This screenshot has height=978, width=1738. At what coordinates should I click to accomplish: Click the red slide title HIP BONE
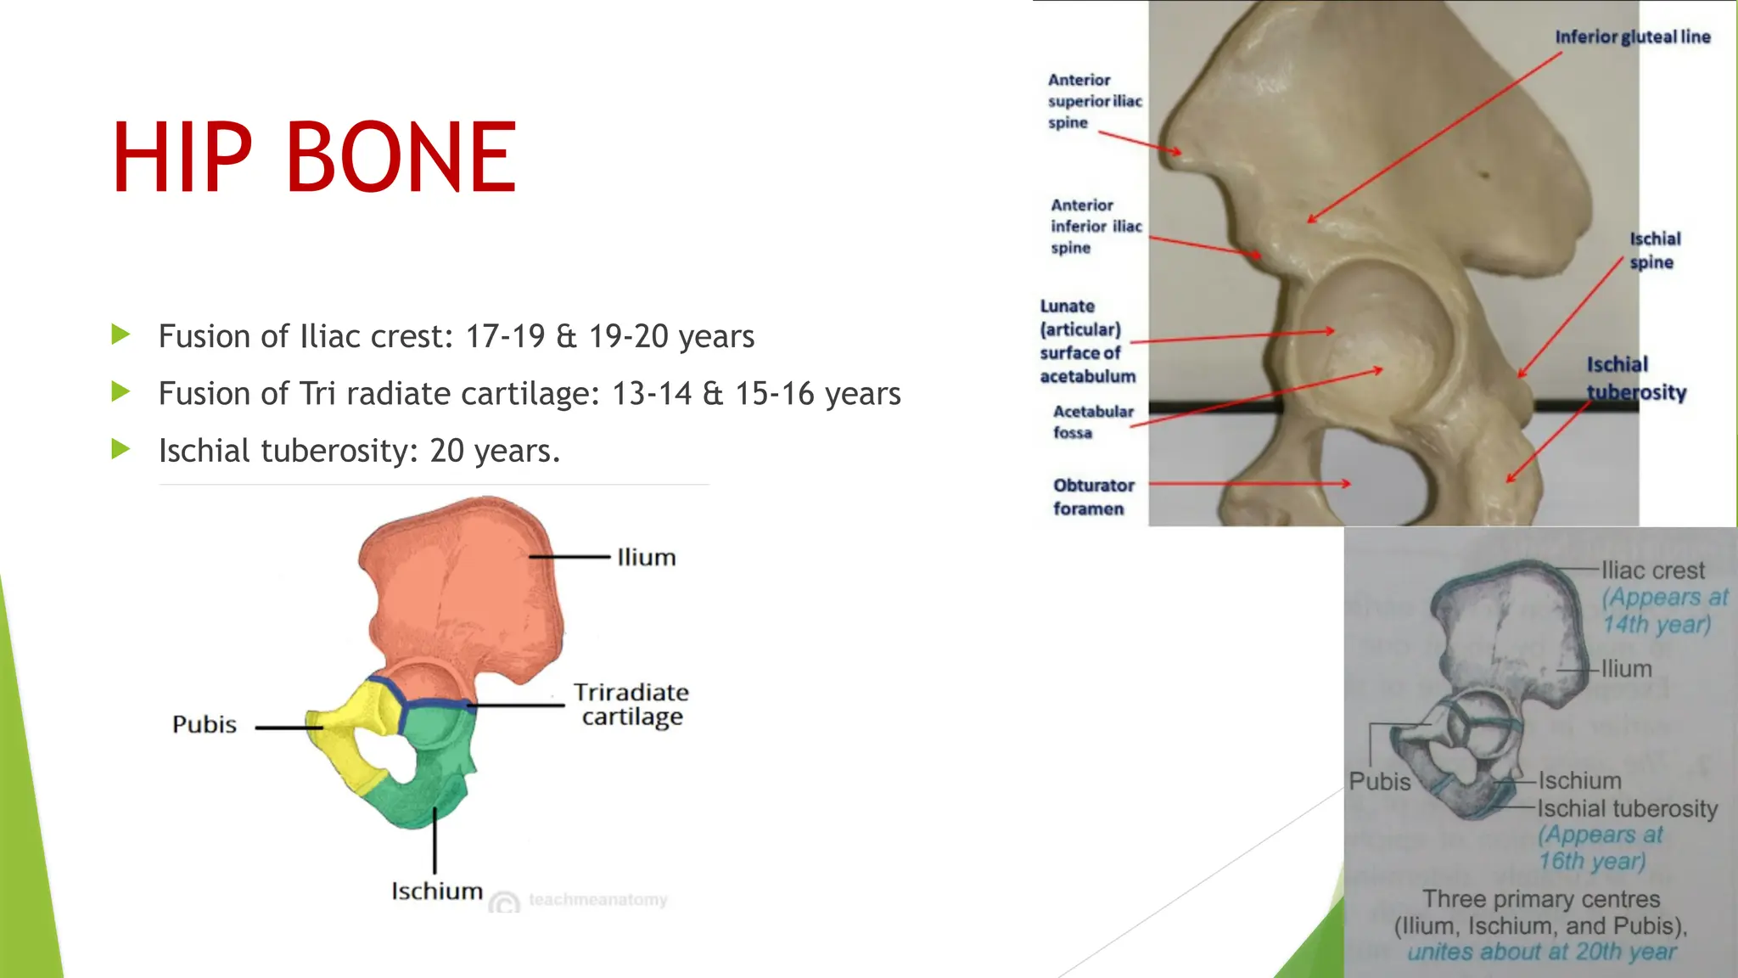pyautogui.click(x=314, y=157)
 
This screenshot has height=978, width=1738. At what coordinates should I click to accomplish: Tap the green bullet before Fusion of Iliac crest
pyautogui.click(x=121, y=334)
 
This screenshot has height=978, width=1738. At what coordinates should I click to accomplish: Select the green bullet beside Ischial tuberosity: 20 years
pyautogui.click(x=121, y=449)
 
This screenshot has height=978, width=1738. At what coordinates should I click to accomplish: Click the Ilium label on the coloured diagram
pyautogui.click(x=646, y=558)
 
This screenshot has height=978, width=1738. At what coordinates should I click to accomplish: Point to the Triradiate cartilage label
pyautogui.click(x=631, y=705)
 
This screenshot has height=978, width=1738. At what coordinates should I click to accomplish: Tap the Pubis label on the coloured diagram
pyautogui.click(x=205, y=725)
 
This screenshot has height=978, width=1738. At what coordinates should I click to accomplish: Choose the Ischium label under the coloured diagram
pyautogui.click(x=436, y=891)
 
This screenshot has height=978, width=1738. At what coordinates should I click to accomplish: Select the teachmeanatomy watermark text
pyautogui.click(x=597, y=900)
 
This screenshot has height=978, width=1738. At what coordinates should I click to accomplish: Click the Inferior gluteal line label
pyautogui.click(x=1632, y=37)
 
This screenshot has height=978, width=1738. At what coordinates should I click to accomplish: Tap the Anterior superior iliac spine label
pyautogui.click(x=1094, y=101)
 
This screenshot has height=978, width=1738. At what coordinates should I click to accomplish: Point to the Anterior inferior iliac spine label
pyautogui.click(x=1096, y=227)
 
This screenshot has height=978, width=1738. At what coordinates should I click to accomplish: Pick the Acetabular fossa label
pyautogui.click(x=1092, y=422)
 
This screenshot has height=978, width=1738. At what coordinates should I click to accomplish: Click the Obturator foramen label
pyautogui.click(x=1093, y=497)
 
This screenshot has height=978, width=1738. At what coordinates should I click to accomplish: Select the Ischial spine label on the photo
pyautogui.click(x=1654, y=250)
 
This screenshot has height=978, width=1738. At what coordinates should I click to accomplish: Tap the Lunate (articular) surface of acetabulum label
pyautogui.click(x=1086, y=341)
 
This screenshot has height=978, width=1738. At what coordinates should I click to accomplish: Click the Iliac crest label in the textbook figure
pyautogui.click(x=1652, y=570)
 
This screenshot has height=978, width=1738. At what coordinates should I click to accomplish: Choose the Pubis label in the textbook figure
pyautogui.click(x=1380, y=782)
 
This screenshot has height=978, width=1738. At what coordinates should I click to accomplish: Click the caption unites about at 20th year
pyautogui.click(x=1541, y=953)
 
